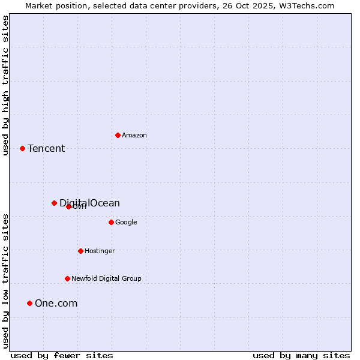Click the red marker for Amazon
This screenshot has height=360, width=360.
pos(118,135)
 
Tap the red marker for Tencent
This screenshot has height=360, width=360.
pos(22,148)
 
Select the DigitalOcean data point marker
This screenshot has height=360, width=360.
pos(54,203)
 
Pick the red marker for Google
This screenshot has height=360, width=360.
pos(111,222)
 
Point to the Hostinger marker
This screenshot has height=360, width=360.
pos(80,251)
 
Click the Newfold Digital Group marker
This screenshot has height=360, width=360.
pos(67,278)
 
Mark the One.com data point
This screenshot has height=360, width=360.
pos(29,303)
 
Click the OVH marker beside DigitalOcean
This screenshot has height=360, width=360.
pos(68,206)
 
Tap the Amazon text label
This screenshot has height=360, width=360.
pos(134,135)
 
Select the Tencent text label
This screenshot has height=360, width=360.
pos(46,148)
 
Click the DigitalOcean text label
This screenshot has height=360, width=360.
pos(89,203)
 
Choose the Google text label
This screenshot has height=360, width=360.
pos(126,222)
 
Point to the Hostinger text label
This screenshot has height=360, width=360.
pos(100,251)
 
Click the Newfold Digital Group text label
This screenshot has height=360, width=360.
pos(106,278)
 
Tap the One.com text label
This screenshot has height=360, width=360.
pos(56,303)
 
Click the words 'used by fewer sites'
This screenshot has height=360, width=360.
pos(62,355)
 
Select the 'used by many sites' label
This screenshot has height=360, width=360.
pos(301,355)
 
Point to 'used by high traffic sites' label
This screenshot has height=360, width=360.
pos(5,85)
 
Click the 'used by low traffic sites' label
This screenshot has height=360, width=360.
pos(5,280)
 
